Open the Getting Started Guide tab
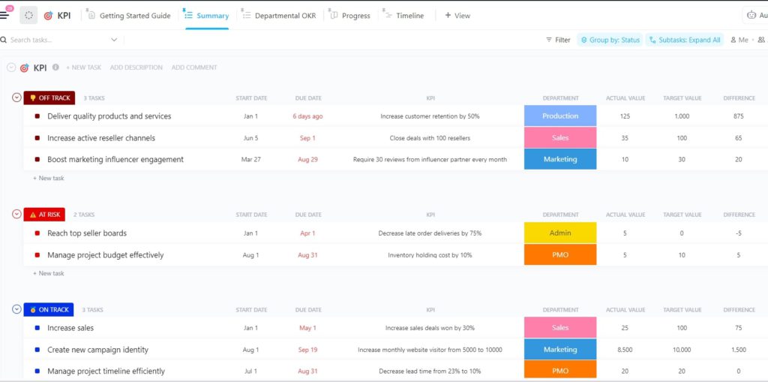(134, 16)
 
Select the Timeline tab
(409, 16)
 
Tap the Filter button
(558, 40)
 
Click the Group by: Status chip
(610, 40)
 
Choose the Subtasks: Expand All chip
(684, 40)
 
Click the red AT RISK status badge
(49, 215)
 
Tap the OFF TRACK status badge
(49, 98)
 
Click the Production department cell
(560, 116)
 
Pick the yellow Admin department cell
(560, 233)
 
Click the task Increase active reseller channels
(101, 138)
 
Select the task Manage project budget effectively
(105, 255)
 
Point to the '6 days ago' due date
(307, 116)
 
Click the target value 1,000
(682, 116)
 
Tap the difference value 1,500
(739, 350)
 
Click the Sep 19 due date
(307, 350)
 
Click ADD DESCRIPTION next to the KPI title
(136, 68)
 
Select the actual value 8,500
(625, 350)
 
